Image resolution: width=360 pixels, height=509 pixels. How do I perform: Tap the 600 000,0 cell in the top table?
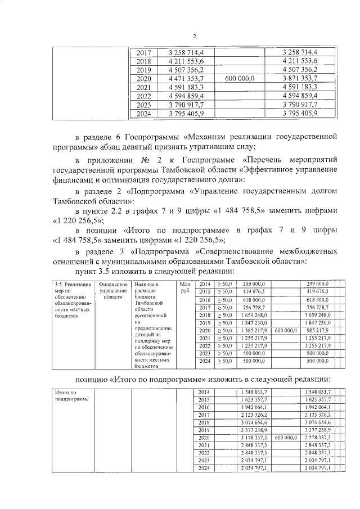click(x=239, y=79)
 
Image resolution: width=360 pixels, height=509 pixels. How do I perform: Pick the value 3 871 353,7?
click(x=300, y=79)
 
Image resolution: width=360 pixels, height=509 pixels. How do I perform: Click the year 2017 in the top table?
click(x=144, y=52)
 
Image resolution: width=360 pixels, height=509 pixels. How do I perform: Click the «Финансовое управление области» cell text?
click(x=109, y=290)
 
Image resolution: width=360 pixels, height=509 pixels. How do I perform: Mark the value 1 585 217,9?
click(x=253, y=331)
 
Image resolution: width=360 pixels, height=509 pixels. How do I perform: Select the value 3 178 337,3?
click(x=253, y=437)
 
